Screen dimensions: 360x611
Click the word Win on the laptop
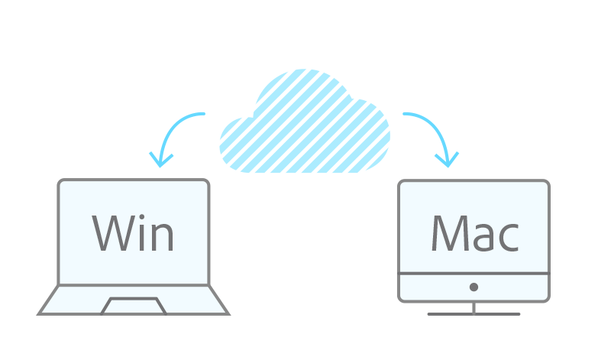[134, 232]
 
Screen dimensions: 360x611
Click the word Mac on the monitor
[474, 232]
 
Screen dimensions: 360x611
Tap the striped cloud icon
[305, 122]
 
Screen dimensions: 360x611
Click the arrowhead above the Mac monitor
[447, 159]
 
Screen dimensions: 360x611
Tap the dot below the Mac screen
[474, 287]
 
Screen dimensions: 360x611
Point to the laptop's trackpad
[134, 306]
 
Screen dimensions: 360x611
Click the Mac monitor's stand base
[474, 313]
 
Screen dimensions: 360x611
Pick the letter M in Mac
[450, 232]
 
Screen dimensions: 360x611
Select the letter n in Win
[163, 237]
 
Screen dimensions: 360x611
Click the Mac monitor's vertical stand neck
[474, 306]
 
